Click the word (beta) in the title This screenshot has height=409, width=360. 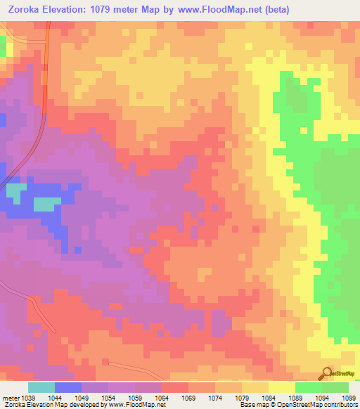[273, 10]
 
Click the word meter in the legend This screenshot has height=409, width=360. [11, 398]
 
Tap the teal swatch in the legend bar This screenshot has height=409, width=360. [41, 387]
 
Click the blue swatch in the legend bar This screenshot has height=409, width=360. [68, 387]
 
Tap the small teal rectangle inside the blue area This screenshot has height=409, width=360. [46, 204]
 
